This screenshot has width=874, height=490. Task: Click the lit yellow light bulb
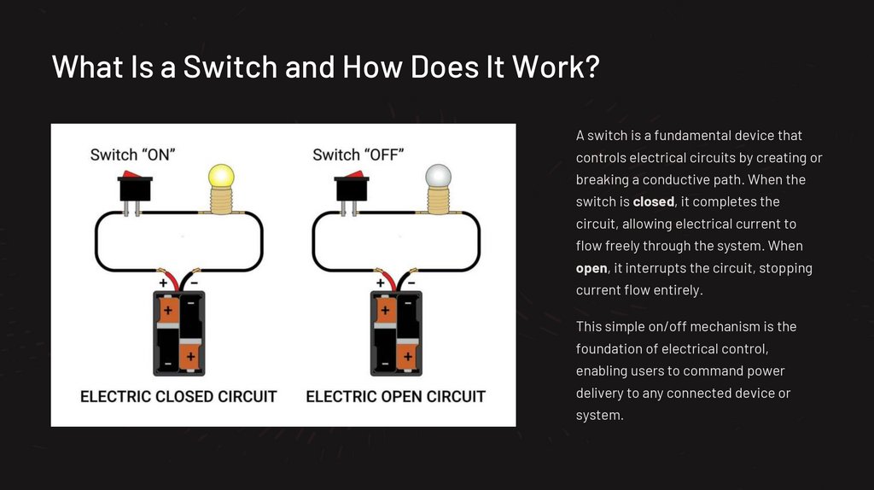pos(221,178)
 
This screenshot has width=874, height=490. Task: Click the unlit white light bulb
pos(437,178)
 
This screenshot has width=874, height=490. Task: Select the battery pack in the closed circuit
pos(179,333)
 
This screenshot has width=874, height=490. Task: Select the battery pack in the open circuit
pos(396,333)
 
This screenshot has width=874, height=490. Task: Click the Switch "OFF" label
pos(358,155)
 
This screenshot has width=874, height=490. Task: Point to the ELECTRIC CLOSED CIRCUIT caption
pos(178,396)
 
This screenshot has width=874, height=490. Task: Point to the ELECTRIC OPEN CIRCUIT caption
pos(395,396)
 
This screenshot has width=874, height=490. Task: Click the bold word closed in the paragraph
pos(653,202)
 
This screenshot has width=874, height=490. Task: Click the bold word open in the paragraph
pos(591,269)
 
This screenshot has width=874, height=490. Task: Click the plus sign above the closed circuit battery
pos(162,282)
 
